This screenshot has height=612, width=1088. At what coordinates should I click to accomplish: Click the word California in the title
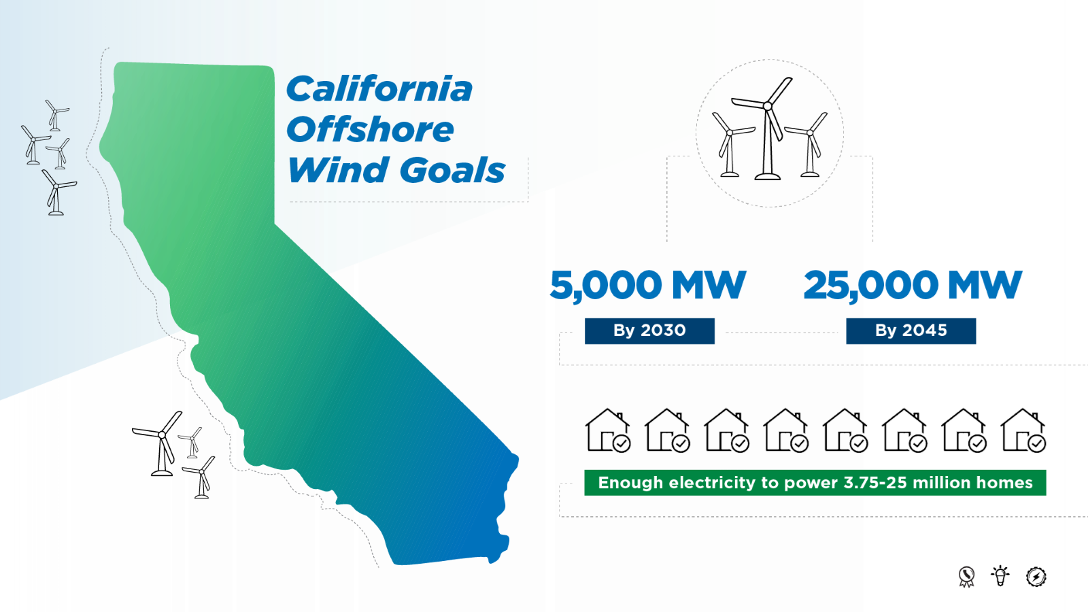379,89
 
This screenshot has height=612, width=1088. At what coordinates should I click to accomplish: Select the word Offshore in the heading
370,130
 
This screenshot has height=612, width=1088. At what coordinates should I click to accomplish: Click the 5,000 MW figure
647,285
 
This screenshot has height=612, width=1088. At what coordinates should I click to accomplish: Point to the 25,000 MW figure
912,285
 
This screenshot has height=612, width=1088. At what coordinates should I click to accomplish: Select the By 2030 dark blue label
649,330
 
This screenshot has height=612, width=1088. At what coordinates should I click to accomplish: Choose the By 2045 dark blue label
911,330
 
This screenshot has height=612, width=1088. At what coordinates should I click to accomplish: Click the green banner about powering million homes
815,483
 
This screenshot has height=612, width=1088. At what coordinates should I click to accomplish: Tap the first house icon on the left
607,430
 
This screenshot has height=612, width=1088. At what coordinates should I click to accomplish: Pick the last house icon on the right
1023,430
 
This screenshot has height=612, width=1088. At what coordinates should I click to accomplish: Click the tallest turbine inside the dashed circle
768,129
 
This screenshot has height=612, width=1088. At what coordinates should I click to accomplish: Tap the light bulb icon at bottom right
1000,576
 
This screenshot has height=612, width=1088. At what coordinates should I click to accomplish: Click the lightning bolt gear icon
1036,577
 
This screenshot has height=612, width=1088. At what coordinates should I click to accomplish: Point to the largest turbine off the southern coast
162,445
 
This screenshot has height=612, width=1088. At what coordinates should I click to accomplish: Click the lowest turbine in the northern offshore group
56,194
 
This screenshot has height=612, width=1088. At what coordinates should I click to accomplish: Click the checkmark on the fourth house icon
800,444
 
